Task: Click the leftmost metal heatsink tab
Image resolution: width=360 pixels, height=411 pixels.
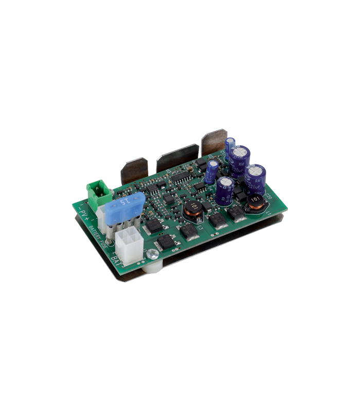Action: [x=134, y=170]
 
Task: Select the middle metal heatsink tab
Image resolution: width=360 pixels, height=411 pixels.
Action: [x=177, y=156]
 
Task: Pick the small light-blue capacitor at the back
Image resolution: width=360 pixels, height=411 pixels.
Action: [x=230, y=143]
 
